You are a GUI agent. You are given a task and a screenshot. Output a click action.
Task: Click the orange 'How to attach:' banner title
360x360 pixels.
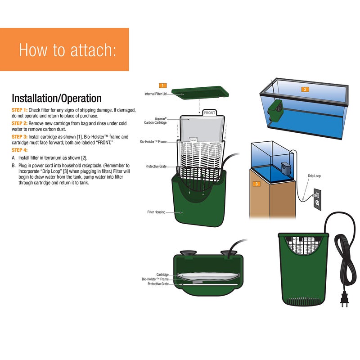[67, 50]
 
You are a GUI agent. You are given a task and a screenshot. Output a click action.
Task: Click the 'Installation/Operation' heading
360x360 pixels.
[56, 98]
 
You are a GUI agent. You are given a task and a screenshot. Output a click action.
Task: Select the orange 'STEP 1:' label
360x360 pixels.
[19, 110]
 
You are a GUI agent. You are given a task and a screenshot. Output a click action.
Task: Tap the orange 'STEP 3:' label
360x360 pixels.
[19, 136]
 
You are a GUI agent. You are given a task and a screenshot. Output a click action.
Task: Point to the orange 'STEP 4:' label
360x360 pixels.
[19, 149]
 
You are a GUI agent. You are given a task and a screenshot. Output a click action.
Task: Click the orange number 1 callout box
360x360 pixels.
[162, 85]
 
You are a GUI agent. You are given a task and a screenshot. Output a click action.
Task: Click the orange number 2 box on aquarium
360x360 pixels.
[305, 89]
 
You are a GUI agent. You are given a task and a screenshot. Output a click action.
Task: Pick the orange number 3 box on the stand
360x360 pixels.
[256, 184]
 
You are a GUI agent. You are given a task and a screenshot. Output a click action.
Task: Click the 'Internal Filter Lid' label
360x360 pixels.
[156, 94]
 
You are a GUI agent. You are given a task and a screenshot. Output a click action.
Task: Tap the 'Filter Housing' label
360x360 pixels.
[157, 211]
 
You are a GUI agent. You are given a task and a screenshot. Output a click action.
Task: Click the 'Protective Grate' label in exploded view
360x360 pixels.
[156, 166]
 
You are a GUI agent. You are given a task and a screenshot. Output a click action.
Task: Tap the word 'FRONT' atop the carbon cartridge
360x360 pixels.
[209, 113]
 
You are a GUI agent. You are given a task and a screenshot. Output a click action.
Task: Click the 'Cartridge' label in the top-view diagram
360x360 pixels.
[162, 274]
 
